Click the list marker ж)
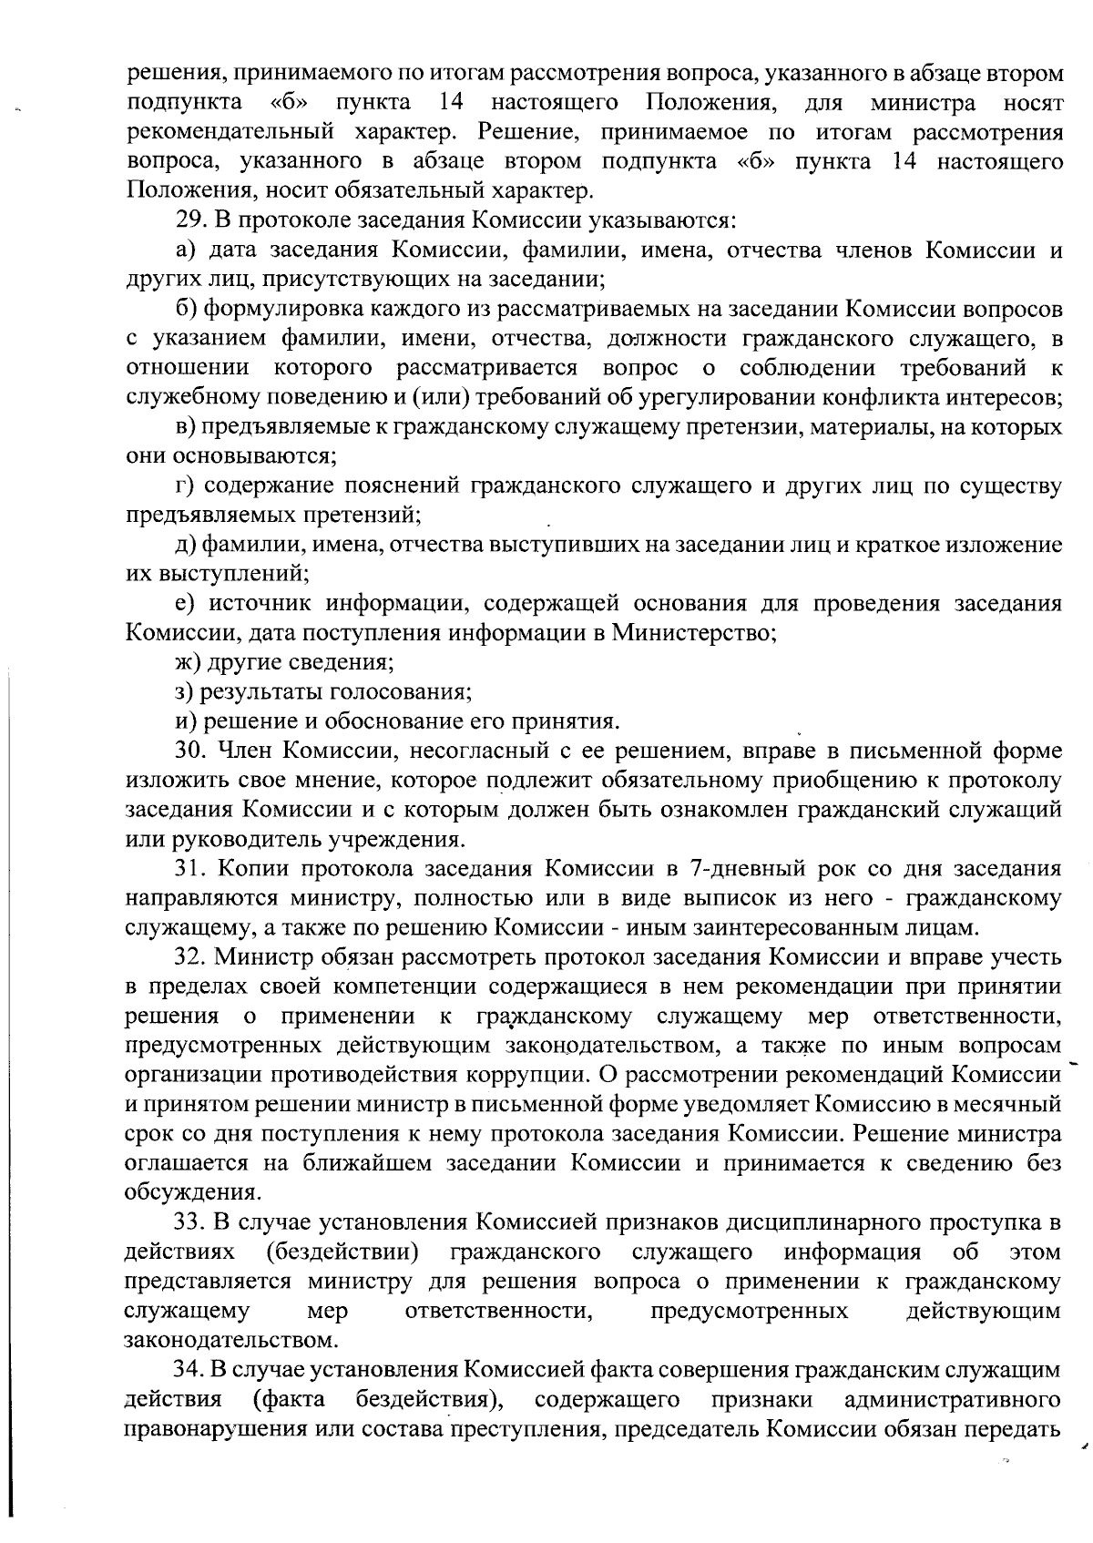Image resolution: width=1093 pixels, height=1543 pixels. (188, 662)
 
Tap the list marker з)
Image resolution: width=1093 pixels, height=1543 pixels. (186, 692)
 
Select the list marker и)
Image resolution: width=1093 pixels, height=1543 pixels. (187, 721)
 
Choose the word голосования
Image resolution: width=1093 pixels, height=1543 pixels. (401, 692)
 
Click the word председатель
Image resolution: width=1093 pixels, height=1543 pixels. (688, 1428)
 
